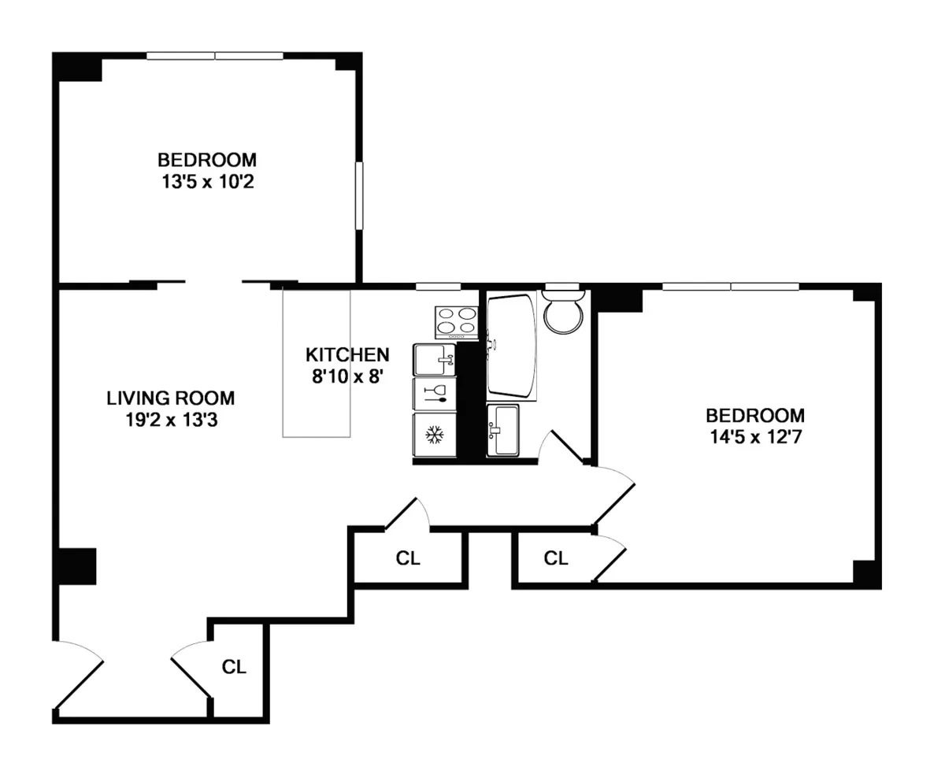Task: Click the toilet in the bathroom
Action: click(563, 313)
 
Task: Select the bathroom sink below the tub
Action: click(502, 429)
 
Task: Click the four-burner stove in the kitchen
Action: click(457, 321)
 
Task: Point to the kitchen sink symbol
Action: click(435, 360)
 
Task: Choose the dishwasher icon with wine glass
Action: click(435, 393)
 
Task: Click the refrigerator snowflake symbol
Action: click(434, 434)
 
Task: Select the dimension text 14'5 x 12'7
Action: click(754, 436)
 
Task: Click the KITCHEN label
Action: click(346, 354)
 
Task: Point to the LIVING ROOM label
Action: click(170, 398)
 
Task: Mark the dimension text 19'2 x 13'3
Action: click(170, 420)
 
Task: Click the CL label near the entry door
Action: click(234, 667)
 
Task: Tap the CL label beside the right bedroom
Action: click(556, 558)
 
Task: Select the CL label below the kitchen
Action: click(408, 558)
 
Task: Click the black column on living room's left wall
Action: click(78, 566)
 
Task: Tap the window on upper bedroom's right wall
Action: click(359, 196)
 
